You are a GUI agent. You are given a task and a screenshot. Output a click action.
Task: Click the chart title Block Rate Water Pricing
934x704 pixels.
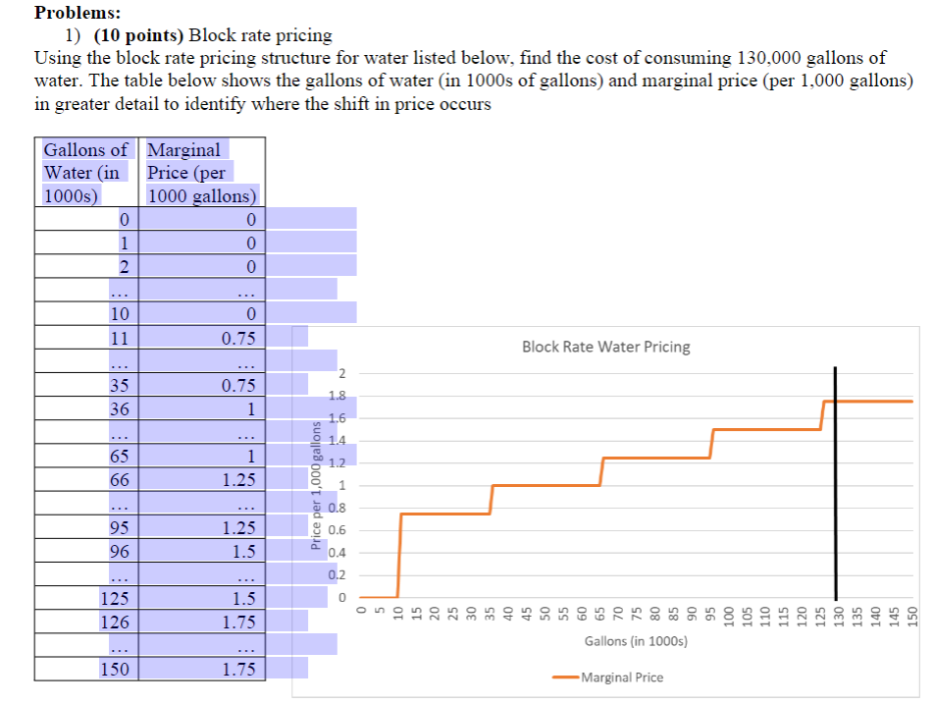tap(605, 347)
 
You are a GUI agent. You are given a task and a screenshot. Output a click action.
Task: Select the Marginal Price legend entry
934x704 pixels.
tap(607, 677)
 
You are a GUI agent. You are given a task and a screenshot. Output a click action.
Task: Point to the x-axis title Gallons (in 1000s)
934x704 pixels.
tap(636, 641)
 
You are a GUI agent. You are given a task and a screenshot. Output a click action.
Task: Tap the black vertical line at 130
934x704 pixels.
tap(835, 483)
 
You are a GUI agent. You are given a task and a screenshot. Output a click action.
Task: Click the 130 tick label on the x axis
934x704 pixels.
tap(838, 614)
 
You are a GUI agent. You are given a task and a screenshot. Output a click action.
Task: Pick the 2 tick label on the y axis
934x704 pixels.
tap(341, 374)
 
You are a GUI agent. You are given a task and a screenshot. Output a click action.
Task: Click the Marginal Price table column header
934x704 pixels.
tap(202, 173)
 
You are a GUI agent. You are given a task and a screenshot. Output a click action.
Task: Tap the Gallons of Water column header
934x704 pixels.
tap(85, 173)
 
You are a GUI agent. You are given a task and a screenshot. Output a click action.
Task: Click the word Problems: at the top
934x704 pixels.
tap(78, 13)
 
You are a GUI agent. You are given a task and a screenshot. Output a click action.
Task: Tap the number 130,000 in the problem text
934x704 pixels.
tap(769, 58)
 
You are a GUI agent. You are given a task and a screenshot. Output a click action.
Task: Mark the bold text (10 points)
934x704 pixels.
tap(138, 35)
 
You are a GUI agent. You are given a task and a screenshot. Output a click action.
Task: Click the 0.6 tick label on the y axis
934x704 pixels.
tap(337, 530)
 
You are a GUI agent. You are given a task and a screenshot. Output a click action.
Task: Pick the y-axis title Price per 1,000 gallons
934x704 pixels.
tap(316, 486)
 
